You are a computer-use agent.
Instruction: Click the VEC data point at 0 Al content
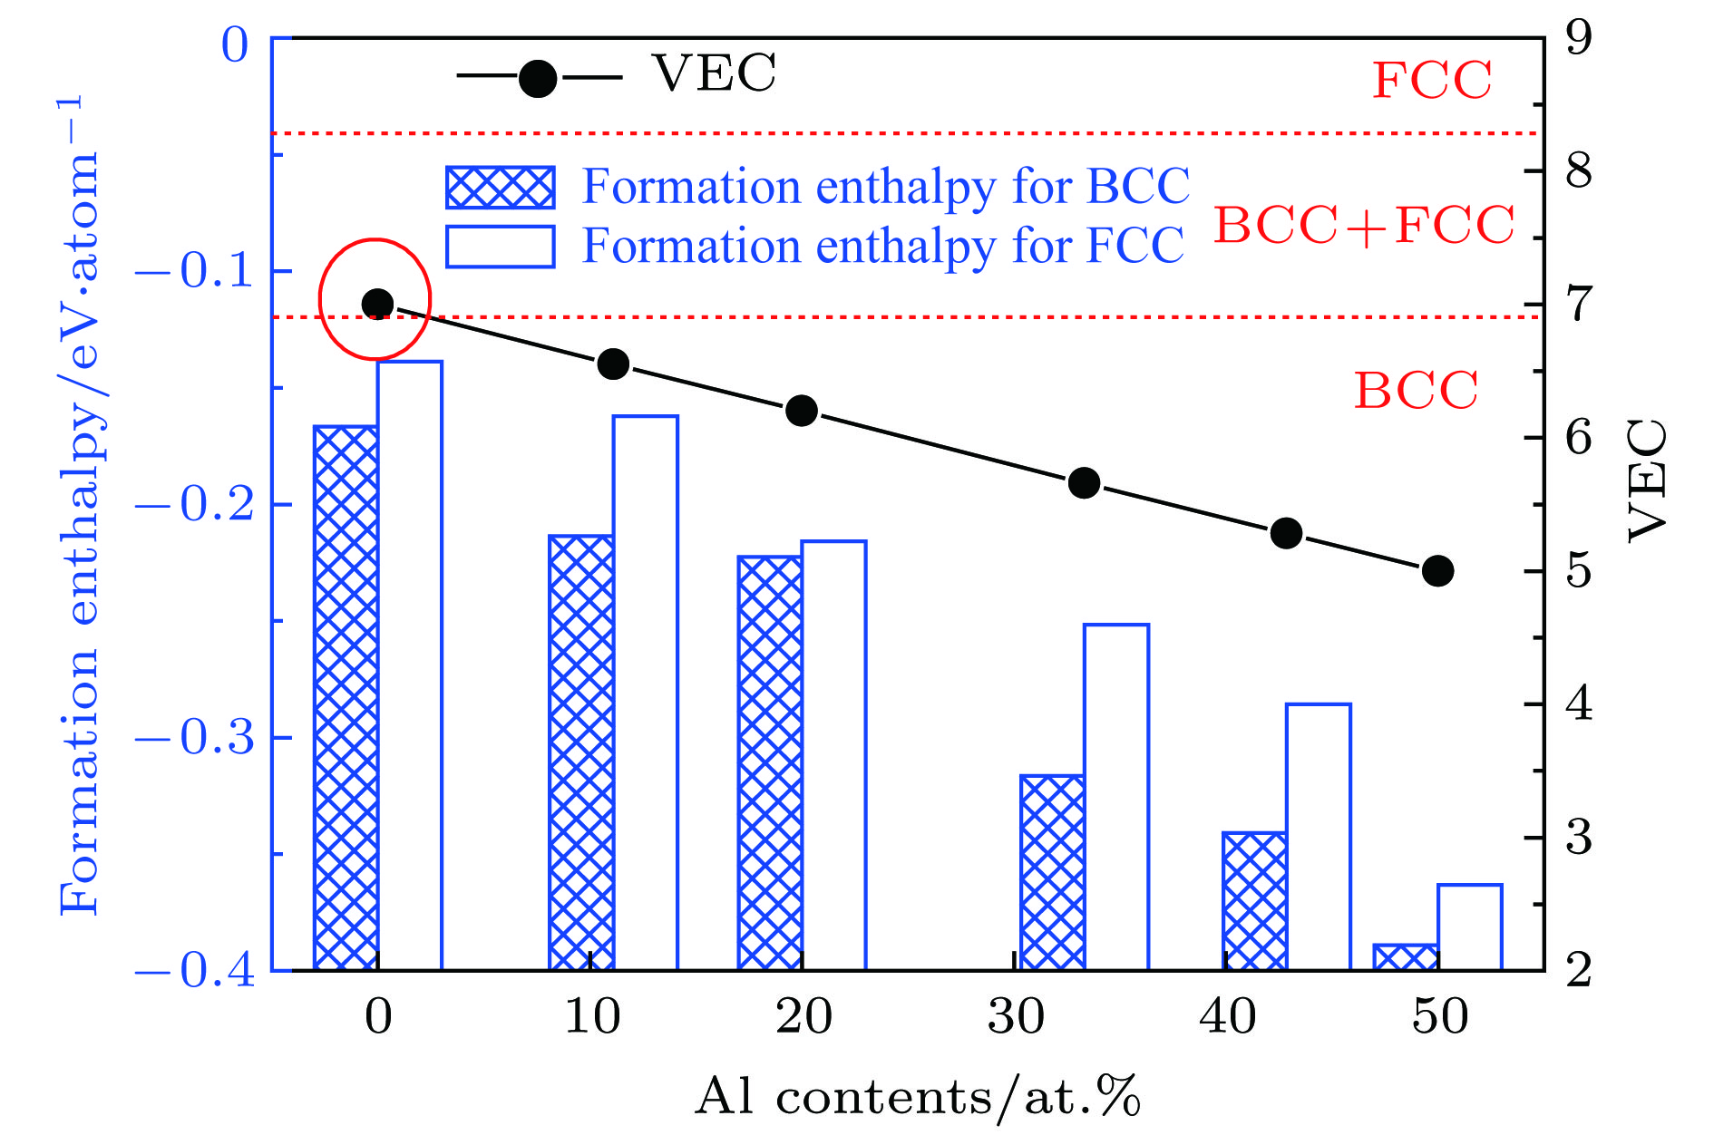pos(377,304)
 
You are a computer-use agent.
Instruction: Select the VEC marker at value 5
pos(1437,571)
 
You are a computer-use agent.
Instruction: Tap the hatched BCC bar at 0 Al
pos(346,698)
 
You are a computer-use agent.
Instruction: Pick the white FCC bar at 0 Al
pos(410,666)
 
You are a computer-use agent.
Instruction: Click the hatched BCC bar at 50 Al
pos(1405,957)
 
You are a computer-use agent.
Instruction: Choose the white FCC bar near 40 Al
pos(1319,837)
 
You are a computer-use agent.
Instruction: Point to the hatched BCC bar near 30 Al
pos(1052,872)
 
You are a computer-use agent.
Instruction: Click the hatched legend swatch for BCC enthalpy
pos(500,188)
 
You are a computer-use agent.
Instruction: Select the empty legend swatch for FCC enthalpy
pos(500,247)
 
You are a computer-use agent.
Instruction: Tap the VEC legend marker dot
pos(538,78)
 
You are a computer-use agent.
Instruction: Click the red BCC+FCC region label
pos(1364,225)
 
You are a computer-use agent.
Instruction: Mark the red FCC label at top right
pos(1431,80)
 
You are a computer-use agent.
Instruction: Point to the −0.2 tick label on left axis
pos(196,505)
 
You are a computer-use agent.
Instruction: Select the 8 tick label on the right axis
pos(1579,170)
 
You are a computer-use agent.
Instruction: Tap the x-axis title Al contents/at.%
pos(917,1097)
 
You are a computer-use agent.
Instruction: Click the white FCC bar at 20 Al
pos(834,755)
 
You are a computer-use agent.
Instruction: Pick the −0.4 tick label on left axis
pos(196,971)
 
